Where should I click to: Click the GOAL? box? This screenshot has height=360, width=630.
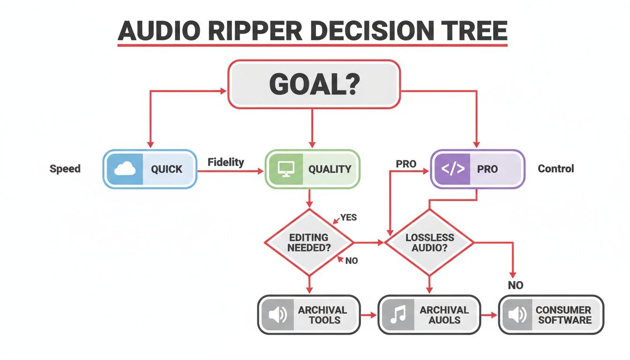click(x=314, y=84)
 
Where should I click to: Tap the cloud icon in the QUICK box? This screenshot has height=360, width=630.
click(x=125, y=169)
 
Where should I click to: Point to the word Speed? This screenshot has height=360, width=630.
click(x=65, y=169)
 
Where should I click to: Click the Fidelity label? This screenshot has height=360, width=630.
click(x=225, y=162)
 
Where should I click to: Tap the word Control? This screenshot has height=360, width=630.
click(x=555, y=169)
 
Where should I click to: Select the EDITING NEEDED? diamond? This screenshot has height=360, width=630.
click(x=308, y=242)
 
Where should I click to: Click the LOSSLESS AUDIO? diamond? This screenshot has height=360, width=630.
click(x=429, y=242)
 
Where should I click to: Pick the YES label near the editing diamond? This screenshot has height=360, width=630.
click(x=348, y=217)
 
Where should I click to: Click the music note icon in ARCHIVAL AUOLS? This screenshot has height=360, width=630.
click(x=398, y=315)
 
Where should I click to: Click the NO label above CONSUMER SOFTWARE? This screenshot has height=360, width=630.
click(x=515, y=285)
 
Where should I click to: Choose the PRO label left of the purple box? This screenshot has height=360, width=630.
click(x=406, y=164)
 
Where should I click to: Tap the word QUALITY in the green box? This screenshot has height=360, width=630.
click(x=330, y=169)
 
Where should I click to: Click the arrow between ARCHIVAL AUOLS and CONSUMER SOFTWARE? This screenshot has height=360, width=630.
click(x=489, y=315)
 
